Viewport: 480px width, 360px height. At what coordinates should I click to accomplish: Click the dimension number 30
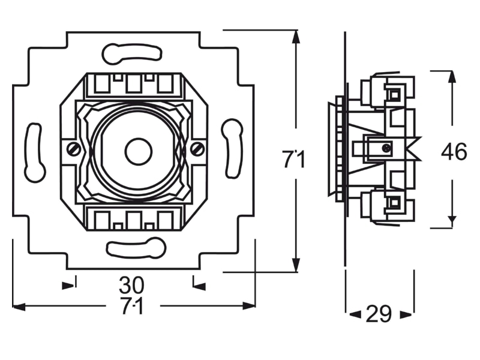pos(131,286)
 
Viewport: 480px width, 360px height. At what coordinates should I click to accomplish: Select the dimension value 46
pos(454,152)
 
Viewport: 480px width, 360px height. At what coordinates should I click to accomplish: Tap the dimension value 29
pos(379,314)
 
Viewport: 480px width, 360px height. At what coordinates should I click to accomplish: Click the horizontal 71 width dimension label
pos(132,306)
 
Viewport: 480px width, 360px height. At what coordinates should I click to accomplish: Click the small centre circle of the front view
pos(139,152)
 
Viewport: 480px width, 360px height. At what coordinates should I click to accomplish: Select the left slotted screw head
pos(74,149)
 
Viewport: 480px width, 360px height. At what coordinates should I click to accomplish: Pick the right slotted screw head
pos(198,149)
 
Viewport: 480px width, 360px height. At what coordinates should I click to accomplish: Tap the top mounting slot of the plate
pos(131,53)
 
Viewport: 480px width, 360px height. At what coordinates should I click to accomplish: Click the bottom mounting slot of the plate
pos(136,247)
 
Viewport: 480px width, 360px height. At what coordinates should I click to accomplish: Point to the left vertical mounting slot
pos(35,152)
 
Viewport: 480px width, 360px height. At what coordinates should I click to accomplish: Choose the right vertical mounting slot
pos(232,148)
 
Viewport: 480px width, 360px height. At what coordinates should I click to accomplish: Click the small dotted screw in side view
pos(386,148)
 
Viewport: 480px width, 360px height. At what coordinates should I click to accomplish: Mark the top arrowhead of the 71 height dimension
pos(295,37)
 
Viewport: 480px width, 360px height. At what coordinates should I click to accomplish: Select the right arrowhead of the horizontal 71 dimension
pos(249,305)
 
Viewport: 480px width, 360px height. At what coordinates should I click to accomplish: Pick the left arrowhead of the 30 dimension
pos(68,286)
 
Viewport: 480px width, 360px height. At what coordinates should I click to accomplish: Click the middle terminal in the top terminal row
pos(133,83)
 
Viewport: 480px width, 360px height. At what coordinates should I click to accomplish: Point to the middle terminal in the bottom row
pos(133,220)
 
